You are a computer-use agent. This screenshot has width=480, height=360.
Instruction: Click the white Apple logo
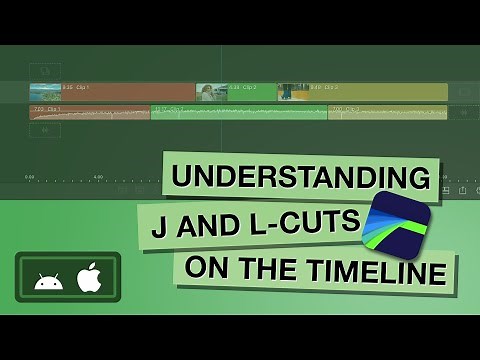pyautogui.click(x=89, y=277)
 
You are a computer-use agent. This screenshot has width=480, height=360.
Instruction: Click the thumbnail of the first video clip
pyautogui.click(x=45, y=92)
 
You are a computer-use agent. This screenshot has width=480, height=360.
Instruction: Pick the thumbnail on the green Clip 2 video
pyautogui.click(x=211, y=92)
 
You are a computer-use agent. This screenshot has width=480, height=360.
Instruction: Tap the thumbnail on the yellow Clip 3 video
pyautogui.click(x=293, y=92)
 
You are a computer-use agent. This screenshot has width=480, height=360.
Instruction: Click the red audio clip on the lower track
pyautogui.click(x=90, y=112)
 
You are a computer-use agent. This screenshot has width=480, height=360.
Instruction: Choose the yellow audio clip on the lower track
pyautogui.click(x=386, y=112)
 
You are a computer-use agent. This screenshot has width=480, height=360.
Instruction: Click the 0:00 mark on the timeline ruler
pyautogui.click(x=30, y=176)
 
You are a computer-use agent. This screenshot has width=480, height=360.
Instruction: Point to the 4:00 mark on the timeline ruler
pyautogui.click(x=98, y=176)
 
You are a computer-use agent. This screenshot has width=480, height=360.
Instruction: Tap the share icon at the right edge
pyautogui.click(x=463, y=189)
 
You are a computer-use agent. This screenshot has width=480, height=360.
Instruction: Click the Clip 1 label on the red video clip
pyautogui.click(x=76, y=87)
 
